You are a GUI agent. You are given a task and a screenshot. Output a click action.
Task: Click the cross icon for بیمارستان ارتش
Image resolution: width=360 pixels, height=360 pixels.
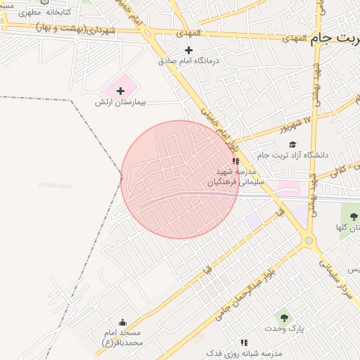[120, 91]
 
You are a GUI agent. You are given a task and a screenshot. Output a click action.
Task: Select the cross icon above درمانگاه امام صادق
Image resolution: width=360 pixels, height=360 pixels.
[188, 50]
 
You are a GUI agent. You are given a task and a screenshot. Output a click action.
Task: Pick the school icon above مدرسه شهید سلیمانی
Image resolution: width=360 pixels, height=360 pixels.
[235, 161]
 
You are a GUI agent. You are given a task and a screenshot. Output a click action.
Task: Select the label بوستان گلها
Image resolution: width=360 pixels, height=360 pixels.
[348, 227]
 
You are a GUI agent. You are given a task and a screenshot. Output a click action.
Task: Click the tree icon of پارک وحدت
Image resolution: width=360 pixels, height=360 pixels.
[284, 318]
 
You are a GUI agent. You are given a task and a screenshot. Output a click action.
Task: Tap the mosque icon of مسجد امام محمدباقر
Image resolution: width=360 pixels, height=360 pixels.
[123, 322]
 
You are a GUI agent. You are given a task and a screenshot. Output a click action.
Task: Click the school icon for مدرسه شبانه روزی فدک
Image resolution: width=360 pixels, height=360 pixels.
[244, 342]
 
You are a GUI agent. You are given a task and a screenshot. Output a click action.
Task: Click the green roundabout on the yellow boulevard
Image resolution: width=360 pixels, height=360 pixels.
[308, 241]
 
